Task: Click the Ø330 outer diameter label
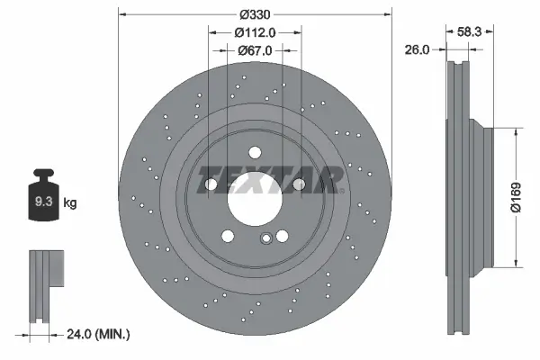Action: pyautogui.click(x=256, y=13)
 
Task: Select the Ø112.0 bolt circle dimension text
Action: pyautogui.click(x=255, y=32)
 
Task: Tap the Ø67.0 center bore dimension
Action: pyautogui.click(x=255, y=50)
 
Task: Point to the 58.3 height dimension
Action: pyautogui.click(x=468, y=30)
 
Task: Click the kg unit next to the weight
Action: pyautogui.click(x=69, y=202)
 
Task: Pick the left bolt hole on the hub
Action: pyautogui.click(x=211, y=184)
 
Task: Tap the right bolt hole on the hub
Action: pyautogui.click(x=300, y=184)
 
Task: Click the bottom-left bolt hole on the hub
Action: pyautogui.click(x=229, y=236)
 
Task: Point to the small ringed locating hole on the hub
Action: pyautogui.click(x=265, y=238)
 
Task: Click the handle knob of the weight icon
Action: pyautogui.click(x=42, y=174)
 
